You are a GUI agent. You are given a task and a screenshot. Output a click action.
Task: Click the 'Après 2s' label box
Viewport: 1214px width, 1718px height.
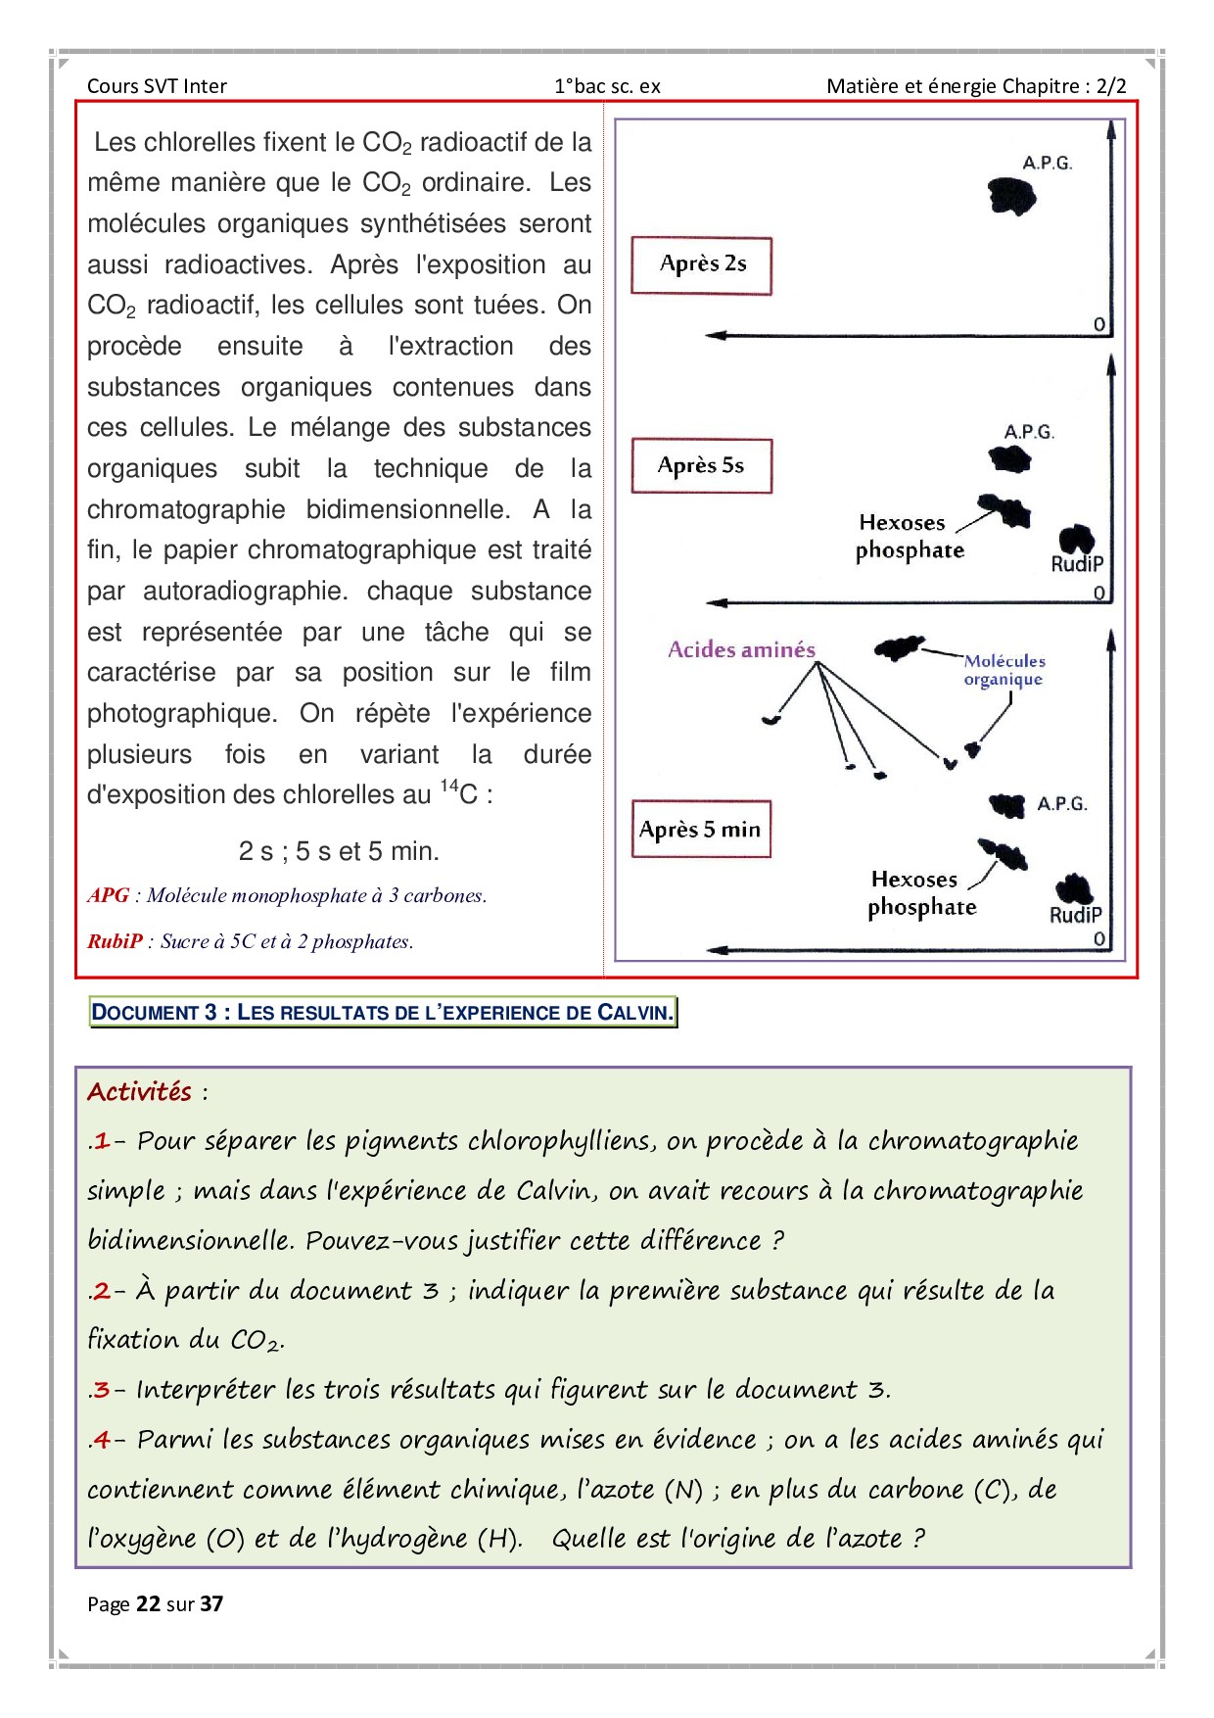tap(701, 265)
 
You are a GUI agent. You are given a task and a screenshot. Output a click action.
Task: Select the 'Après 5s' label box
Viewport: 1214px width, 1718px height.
tap(701, 465)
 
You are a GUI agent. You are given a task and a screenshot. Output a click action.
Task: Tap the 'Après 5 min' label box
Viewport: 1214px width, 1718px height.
tap(700, 830)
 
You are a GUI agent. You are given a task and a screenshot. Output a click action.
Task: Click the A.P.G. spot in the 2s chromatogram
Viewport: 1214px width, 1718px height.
tap(1011, 196)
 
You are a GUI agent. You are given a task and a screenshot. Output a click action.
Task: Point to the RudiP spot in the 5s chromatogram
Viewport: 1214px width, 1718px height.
tap(1076, 539)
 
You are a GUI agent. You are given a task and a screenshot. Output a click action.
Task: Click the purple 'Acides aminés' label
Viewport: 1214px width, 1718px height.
tap(741, 649)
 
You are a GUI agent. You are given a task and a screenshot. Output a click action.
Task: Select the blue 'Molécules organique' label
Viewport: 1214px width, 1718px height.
tap(1004, 670)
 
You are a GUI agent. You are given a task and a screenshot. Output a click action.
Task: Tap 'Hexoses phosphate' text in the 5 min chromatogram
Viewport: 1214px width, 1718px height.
tap(921, 893)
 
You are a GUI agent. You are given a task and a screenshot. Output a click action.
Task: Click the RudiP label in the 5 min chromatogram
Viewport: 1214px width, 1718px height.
tap(1075, 915)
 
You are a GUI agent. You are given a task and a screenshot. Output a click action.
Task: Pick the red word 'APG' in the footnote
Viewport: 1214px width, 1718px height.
tap(108, 895)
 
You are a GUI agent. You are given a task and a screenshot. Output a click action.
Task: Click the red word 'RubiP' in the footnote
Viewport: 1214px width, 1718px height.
tap(115, 941)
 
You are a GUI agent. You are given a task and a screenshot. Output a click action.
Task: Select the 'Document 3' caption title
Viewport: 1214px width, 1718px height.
tap(383, 1013)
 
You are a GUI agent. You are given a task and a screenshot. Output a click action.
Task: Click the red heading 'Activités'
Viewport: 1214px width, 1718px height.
tap(139, 1092)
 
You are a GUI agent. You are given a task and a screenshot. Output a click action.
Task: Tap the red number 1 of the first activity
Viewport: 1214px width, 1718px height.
tap(102, 1141)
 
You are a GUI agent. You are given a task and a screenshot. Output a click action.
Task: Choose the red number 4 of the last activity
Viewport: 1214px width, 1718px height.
tap(102, 1440)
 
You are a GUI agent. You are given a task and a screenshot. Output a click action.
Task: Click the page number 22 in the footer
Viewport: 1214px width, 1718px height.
tap(148, 1603)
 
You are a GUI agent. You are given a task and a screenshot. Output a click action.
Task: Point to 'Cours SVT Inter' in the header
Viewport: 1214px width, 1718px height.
tap(157, 86)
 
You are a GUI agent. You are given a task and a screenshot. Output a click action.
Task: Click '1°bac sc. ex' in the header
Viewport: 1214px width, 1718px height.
tap(607, 86)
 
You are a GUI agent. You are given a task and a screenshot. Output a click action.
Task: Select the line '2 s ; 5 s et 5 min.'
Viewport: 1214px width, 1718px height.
tap(339, 851)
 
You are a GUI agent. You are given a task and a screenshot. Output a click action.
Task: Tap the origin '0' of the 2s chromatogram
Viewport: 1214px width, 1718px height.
tap(1098, 324)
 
